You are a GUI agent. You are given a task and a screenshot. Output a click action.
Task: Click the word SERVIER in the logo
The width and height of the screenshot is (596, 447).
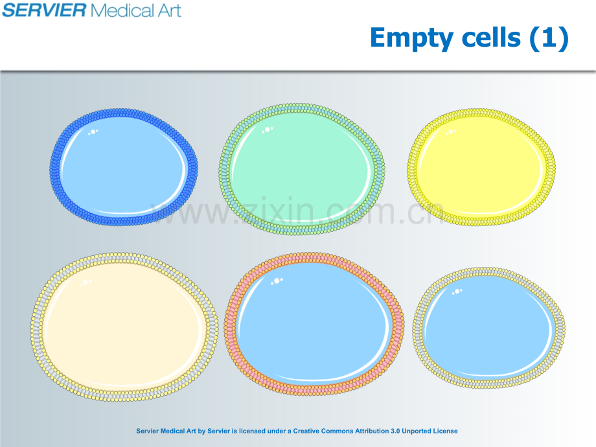[44, 10]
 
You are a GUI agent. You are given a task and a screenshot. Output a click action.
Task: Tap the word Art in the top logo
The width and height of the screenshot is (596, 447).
[170, 10]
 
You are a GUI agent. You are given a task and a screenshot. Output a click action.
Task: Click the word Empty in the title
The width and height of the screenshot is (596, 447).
[411, 39]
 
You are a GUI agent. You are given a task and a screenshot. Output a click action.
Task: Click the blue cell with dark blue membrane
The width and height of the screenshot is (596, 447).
[124, 167]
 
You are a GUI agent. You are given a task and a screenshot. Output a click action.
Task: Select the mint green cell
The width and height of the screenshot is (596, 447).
[302, 169]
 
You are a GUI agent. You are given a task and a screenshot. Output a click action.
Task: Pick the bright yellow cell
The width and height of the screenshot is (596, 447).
[481, 167]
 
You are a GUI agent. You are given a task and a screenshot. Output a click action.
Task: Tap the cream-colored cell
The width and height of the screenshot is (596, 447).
[124, 327]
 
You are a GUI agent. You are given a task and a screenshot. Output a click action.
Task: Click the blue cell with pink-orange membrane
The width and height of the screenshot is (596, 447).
[314, 324]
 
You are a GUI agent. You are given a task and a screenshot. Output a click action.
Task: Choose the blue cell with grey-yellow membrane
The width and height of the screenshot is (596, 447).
[489, 327]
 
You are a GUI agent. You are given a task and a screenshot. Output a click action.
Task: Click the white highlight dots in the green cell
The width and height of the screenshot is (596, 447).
[267, 130]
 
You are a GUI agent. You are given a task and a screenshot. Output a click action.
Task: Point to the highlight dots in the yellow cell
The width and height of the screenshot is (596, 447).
[450, 132]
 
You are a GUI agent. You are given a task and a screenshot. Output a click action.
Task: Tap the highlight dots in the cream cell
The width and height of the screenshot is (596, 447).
[85, 282]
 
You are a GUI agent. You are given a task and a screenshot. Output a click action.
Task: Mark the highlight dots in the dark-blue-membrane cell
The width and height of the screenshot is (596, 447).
[93, 132]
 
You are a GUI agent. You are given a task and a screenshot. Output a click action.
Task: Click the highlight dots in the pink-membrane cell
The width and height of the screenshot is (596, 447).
[277, 281]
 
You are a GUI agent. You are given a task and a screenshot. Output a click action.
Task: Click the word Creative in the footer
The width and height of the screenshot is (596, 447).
[306, 431]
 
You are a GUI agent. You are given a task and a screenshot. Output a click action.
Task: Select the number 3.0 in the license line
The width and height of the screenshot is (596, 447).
[395, 431]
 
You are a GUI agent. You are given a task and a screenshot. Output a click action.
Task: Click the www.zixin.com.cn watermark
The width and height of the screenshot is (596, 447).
[297, 211]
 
